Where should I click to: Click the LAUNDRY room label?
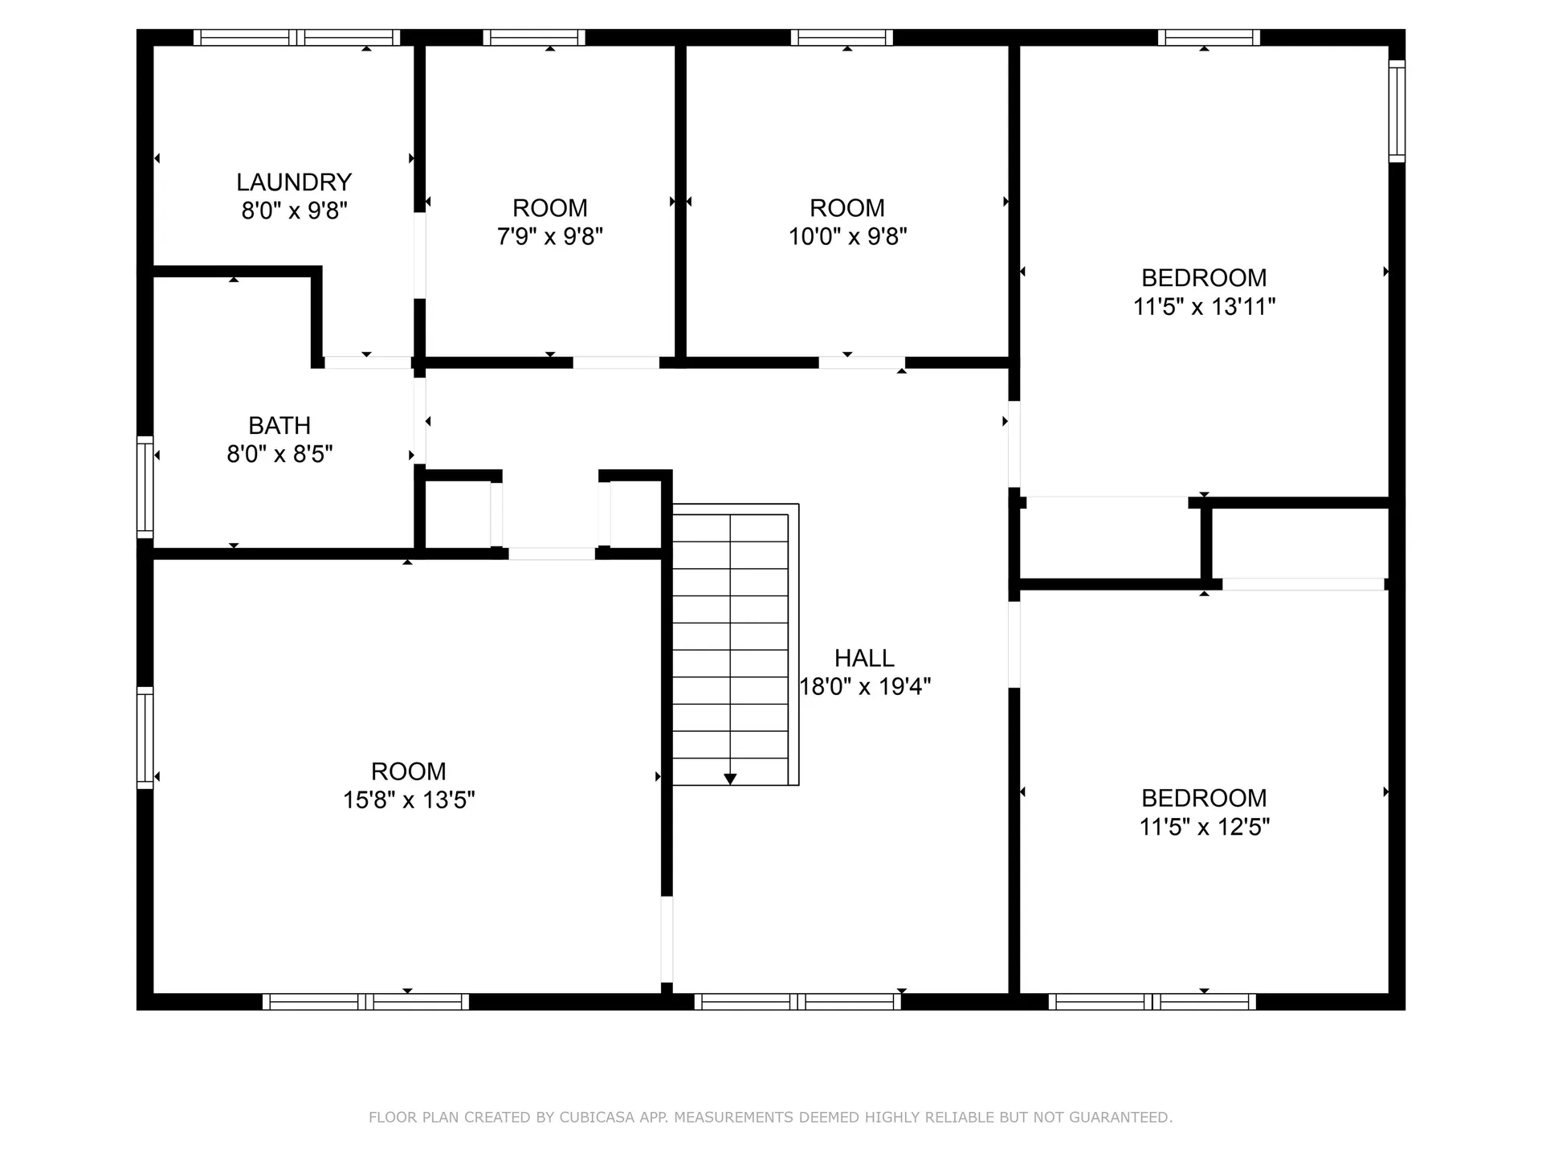click(x=294, y=182)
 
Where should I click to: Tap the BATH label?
click(x=279, y=426)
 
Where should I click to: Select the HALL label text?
click(x=864, y=659)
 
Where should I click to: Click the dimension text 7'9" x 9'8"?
click(x=550, y=237)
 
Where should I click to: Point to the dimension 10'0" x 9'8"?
click(x=847, y=237)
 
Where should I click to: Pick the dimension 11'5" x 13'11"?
click(x=1204, y=307)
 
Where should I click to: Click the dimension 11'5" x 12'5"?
click(x=1204, y=827)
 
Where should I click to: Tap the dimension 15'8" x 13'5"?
click(x=409, y=800)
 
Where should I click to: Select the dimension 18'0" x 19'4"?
click(x=865, y=687)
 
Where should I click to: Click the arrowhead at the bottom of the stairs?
click(x=730, y=779)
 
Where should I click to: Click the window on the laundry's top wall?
click(x=297, y=37)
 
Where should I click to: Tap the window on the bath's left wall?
click(x=145, y=487)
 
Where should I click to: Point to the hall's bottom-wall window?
click(x=798, y=1002)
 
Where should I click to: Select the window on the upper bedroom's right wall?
click(x=1397, y=111)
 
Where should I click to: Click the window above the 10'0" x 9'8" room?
click(x=842, y=37)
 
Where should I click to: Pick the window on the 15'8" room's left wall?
click(x=145, y=738)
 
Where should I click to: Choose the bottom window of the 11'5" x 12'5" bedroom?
click(x=1152, y=1002)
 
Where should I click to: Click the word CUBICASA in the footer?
click(x=597, y=1117)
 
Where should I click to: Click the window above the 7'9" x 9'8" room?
click(x=534, y=37)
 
